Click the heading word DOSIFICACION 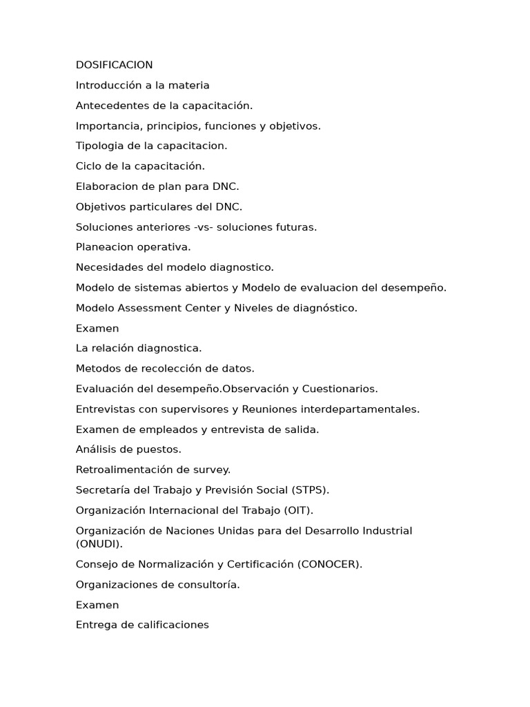pos(114,65)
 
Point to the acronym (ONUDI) pos(99,543)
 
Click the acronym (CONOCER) pos(330,564)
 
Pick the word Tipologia pos(99,146)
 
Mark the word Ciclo pos(89,166)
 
